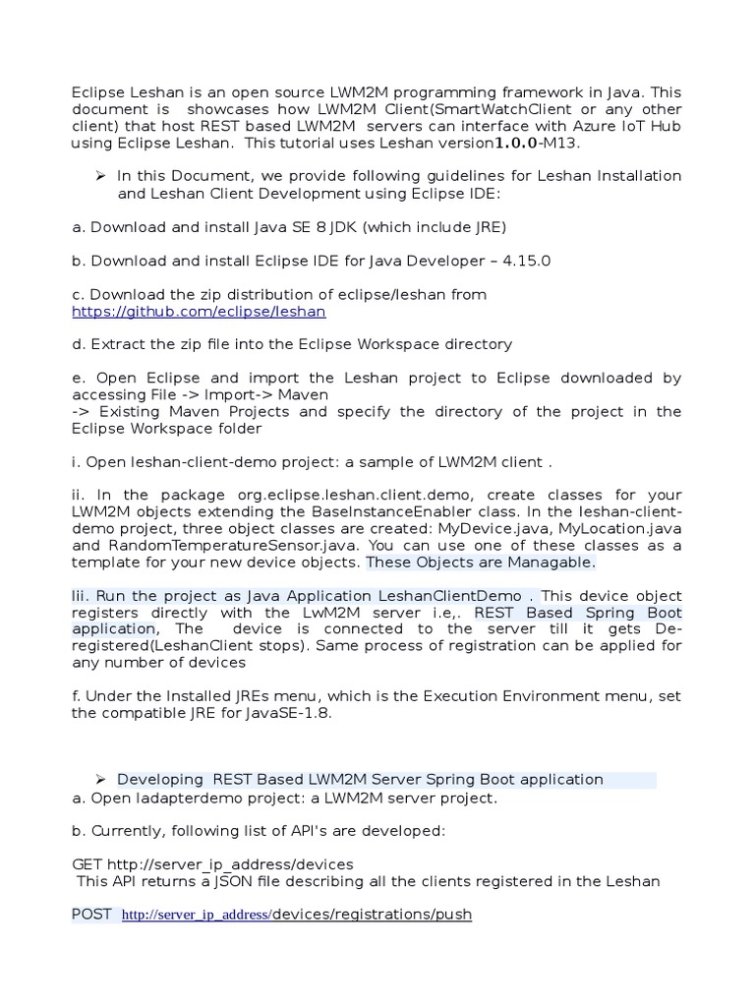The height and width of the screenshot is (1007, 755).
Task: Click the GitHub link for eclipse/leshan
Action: pyautogui.click(x=199, y=312)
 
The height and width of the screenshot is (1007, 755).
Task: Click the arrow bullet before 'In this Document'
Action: pyautogui.click(x=100, y=175)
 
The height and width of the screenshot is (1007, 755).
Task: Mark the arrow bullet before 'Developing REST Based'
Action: pyautogui.click(x=100, y=779)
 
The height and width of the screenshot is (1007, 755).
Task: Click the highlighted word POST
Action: pyautogui.click(x=92, y=915)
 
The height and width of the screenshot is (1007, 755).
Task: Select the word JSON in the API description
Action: pyautogui.click(x=257, y=881)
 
